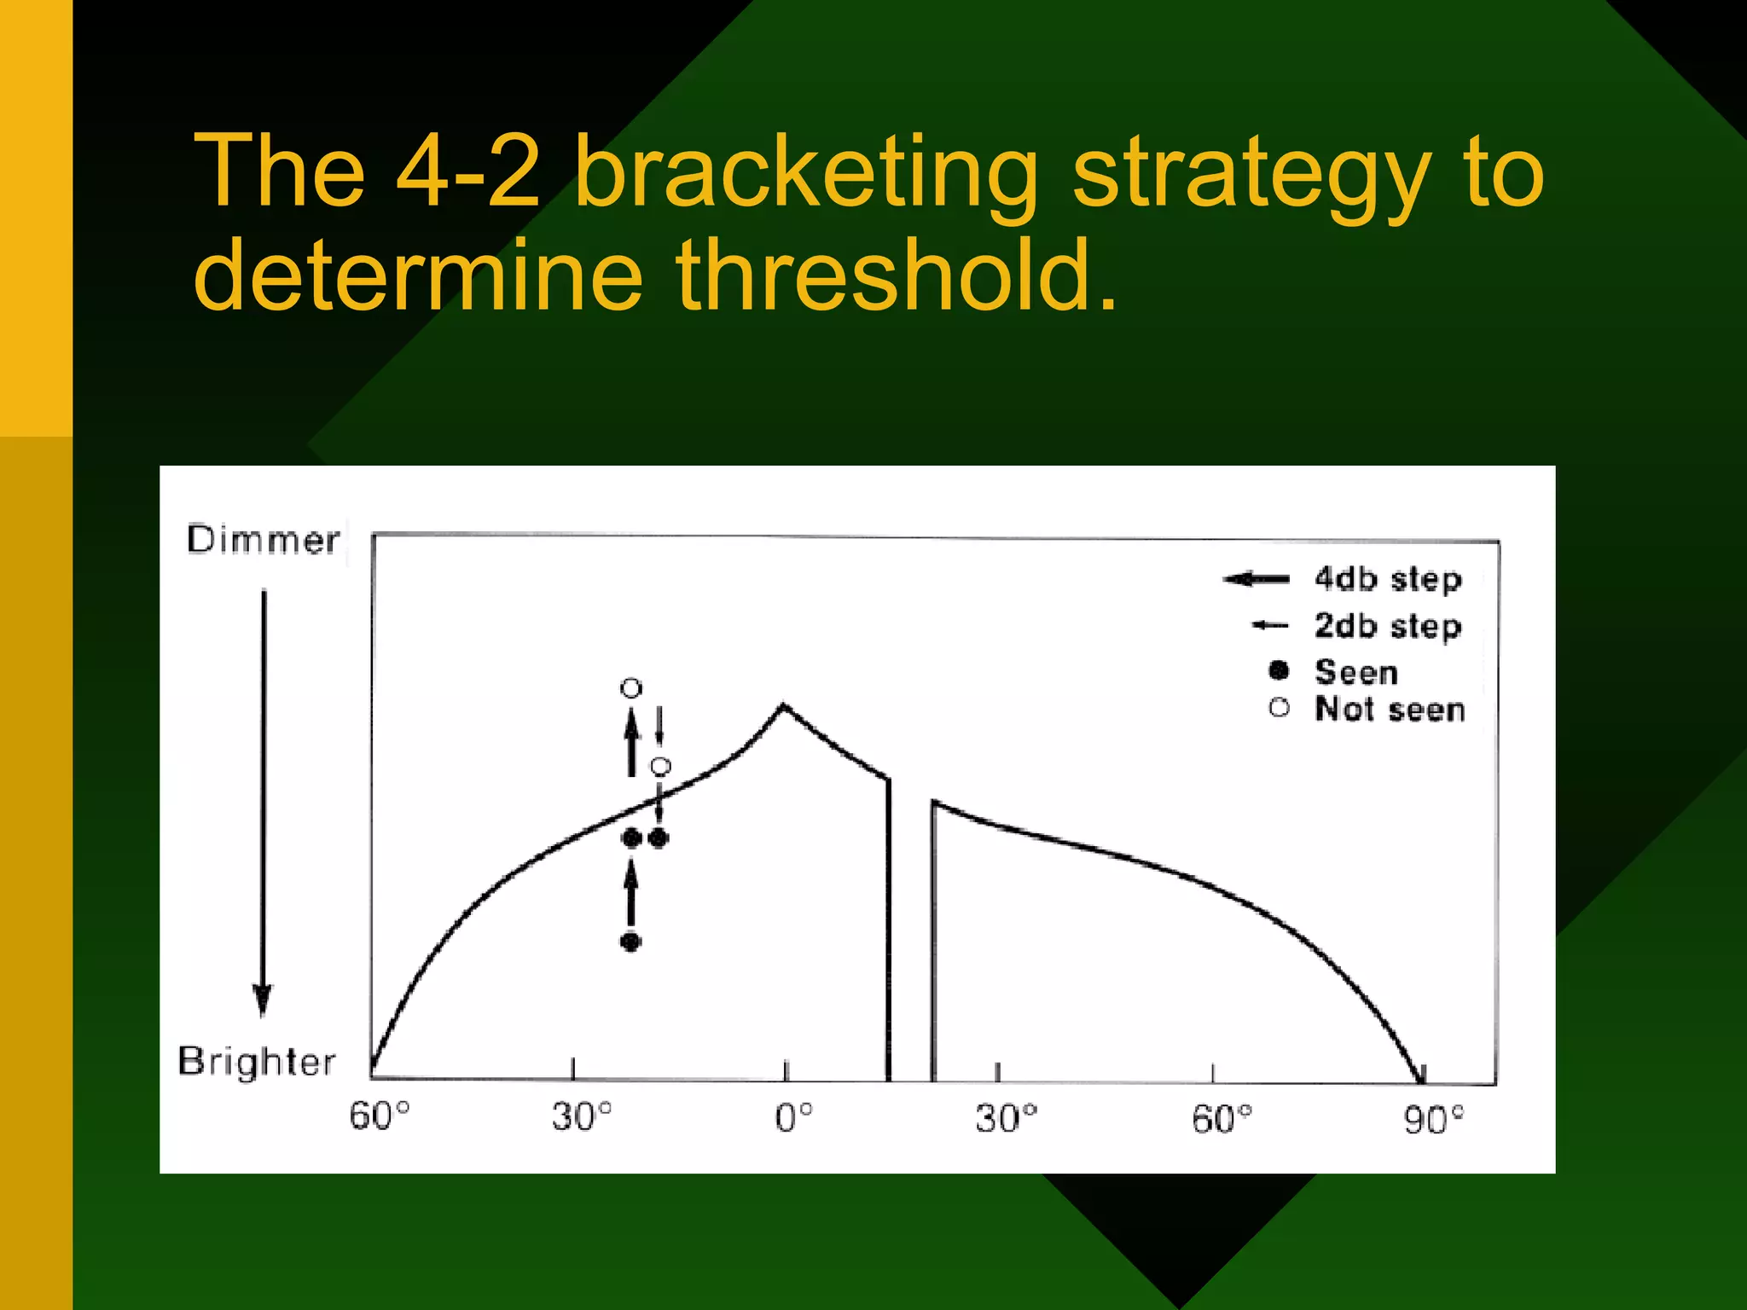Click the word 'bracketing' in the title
coord(805,174)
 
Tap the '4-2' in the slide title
coord(467,172)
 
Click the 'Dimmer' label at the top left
coord(263,541)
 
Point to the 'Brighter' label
coord(257,1062)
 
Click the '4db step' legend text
coord(1388,580)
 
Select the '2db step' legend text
coord(1388,627)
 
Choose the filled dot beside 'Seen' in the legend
coord(1278,670)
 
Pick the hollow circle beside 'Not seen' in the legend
coord(1279,708)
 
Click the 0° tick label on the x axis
coord(793,1117)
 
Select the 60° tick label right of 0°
coord(1222,1119)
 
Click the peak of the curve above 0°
coord(784,706)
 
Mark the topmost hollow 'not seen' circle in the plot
coord(630,687)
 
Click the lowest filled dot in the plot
coord(630,942)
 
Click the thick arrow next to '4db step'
coord(1257,580)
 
